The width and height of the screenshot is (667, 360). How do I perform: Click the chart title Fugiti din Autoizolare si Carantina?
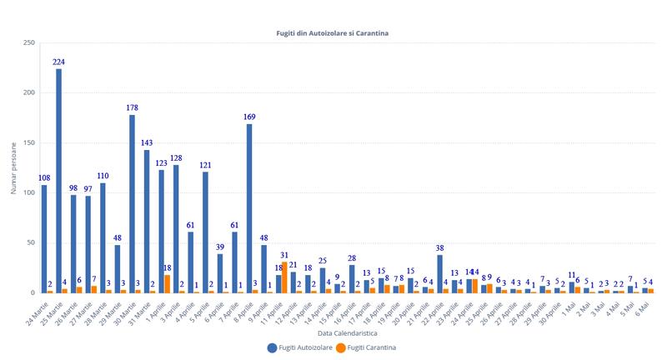pyautogui.click(x=333, y=33)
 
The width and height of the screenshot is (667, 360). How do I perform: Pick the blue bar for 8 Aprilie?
pyautogui.click(x=249, y=208)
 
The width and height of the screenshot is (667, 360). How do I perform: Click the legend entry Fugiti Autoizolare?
pyautogui.click(x=298, y=347)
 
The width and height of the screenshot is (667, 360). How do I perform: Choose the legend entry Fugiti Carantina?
pyautogui.click(x=369, y=347)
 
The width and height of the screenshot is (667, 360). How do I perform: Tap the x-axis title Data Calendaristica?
pyautogui.click(x=333, y=332)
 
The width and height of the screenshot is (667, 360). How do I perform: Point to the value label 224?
pyautogui.click(x=58, y=62)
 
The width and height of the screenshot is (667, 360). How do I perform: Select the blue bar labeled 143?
pyautogui.click(x=147, y=222)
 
